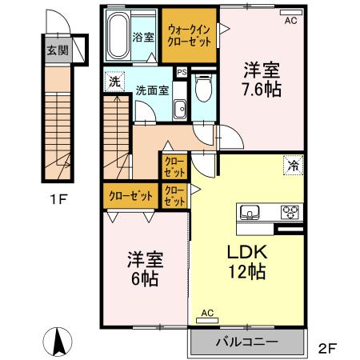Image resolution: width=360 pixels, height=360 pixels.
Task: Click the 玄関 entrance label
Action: point(55,50)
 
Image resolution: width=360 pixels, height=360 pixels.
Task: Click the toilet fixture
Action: point(203,89)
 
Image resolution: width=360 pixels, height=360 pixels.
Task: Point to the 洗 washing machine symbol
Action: point(115,81)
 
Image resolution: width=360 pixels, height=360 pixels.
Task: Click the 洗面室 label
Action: point(151,90)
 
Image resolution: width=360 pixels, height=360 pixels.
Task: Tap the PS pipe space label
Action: point(182,73)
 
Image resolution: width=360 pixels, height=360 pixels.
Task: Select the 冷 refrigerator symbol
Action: point(292,166)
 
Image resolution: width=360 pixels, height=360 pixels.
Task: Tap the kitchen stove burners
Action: point(289,213)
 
